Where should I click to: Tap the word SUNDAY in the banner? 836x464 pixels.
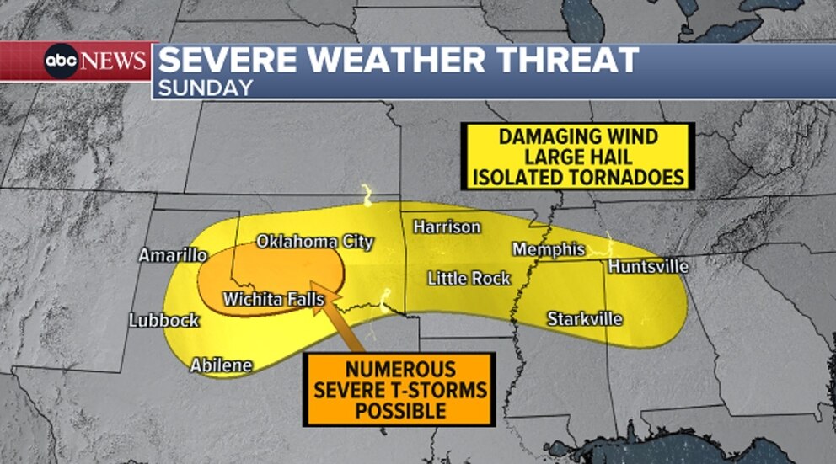206,87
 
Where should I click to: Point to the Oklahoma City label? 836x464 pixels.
314,242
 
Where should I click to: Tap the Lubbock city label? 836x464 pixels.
164,320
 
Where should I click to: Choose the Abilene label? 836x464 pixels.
222,365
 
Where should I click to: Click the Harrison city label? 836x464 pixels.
447,227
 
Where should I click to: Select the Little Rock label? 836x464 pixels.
469,278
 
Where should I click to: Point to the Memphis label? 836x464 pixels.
549,249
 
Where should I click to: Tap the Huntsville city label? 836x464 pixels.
648,267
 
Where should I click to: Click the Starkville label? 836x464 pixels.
585,319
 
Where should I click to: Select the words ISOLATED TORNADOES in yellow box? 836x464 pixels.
577,177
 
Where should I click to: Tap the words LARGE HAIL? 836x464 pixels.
577,157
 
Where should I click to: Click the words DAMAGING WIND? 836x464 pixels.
577,136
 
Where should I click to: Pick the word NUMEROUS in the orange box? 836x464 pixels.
399,370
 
